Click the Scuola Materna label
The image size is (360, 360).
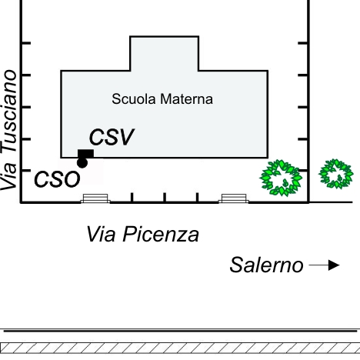(162, 99)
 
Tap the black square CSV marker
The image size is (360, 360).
(85, 154)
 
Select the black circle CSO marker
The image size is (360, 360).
(82, 163)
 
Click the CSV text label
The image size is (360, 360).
(112, 137)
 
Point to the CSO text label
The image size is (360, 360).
(57, 179)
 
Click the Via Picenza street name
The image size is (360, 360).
(143, 234)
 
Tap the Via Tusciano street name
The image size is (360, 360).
(9, 130)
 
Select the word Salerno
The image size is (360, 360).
(266, 265)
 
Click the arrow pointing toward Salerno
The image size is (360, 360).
(325, 265)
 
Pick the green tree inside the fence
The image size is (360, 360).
(281, 178)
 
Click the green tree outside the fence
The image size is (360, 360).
(336, 174)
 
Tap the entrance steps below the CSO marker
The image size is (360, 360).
(95, 198)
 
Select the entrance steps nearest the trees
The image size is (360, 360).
(234, 198)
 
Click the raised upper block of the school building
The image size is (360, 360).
(165, 53)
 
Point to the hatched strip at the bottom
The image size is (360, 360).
(180, 348)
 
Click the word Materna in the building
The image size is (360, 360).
(186, 99)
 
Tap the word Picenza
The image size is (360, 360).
(161, 234)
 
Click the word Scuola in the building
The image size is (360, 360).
(134, 99)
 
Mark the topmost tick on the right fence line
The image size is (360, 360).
(303, 43)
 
